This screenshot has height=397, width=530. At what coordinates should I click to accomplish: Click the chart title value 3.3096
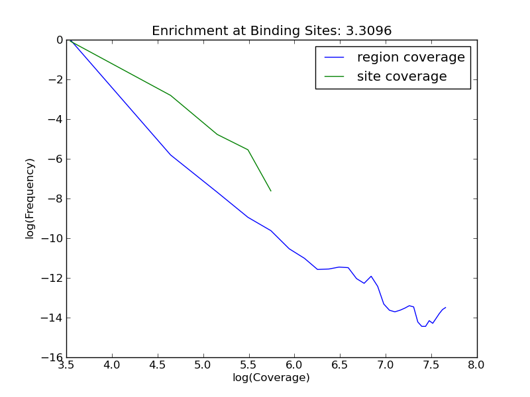point(369,31)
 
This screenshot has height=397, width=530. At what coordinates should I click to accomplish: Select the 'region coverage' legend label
point(411,58)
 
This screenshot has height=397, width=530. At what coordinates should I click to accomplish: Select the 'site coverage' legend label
point(401,77)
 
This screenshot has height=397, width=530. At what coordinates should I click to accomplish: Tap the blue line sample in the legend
point(335,58)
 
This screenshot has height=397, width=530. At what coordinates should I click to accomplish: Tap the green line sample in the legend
point(335,77)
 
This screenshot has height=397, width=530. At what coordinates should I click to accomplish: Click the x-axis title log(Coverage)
point(271,378)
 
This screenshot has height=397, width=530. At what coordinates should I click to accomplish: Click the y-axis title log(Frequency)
point(30,198)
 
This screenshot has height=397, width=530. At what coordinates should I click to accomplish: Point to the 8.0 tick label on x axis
point(476,364)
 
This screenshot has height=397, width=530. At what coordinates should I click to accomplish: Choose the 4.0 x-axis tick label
point(112,364)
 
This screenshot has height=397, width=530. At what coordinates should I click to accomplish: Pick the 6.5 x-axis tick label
point(340,364)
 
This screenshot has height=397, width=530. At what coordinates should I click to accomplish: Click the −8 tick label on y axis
point(55,198)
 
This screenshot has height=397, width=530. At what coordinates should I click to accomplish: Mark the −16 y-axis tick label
point(52,357)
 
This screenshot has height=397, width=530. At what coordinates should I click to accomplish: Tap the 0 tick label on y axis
point(60,40)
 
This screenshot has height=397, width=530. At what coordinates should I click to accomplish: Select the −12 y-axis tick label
point(52,278)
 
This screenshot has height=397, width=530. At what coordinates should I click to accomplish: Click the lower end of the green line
point(271,191)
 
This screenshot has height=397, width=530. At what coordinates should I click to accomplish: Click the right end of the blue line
point(445,307)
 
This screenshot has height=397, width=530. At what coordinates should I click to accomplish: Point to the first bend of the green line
point(171,95)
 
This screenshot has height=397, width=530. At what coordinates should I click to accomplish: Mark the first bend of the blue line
point(170,155)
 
